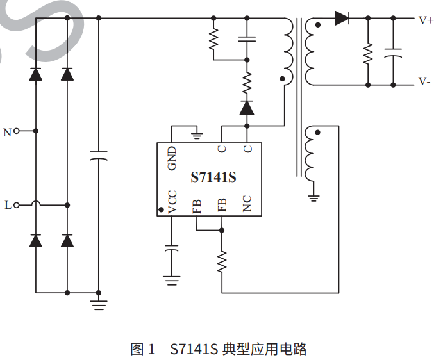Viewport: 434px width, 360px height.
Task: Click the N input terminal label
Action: point(8,133)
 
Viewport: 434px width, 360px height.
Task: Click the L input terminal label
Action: point(8,206)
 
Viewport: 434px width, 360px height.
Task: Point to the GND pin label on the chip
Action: point(172,159)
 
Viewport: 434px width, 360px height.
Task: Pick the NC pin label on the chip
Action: point(247,204)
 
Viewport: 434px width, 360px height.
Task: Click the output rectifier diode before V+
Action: point(342,19)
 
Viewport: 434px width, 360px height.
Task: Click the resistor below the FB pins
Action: point(222,262)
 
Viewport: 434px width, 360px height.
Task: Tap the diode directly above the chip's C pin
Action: point(247,107)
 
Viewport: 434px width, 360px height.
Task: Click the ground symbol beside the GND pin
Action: point(197,135)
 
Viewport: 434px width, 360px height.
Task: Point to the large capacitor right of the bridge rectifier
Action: point(98,156)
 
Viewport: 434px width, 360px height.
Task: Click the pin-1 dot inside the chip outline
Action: point(161,209)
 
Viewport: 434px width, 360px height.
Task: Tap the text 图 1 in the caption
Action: point(142,349)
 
